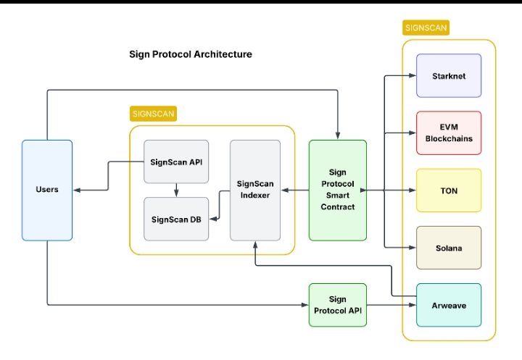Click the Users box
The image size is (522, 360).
(47, 190)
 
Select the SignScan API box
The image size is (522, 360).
(176, 161)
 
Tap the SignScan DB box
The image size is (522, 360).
(176, 219)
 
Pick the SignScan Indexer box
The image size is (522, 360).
(254, 190)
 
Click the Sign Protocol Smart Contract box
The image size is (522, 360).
(338, 190)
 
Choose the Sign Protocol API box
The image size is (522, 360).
(338, 305)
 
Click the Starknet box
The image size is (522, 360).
(449, 75)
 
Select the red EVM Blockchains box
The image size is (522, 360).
(449, 133)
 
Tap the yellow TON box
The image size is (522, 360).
(449, 191)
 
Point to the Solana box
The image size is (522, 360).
(449, 248)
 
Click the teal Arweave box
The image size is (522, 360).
(449, 305)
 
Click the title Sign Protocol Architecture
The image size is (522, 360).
(191, 54)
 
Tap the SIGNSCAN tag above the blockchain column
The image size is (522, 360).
(426, 28)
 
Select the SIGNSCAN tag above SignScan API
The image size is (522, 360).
(154, 114)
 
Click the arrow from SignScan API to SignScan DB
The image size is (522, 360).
(176, 190)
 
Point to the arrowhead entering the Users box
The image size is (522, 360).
(77, 191)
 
